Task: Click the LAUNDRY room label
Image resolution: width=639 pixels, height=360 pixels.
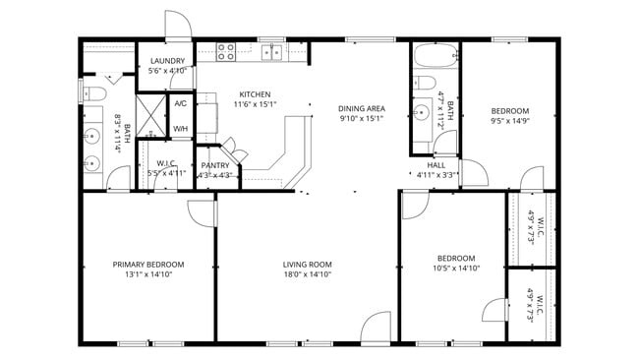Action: tap(167, 61)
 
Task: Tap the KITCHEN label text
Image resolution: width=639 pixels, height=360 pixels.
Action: tap(255, 94)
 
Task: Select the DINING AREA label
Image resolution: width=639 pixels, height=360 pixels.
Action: tap(361, 109)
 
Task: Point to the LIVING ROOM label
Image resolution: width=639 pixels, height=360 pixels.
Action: tap(307, 265)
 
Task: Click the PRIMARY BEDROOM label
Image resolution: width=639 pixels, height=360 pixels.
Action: tap(147, 265)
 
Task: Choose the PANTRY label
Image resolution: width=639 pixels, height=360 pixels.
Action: tap(214, 165)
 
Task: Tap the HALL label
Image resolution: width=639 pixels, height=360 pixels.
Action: tap(436, 165)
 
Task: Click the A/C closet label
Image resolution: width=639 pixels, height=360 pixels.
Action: tap(181, 103)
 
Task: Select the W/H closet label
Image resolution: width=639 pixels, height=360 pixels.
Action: tap(181, 129)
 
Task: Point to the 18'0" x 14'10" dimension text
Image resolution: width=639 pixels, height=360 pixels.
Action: tap(307, 275)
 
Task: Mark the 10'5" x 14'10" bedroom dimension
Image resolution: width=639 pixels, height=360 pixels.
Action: tap(455, 269)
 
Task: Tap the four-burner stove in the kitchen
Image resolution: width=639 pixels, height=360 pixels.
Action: tap(225, 51)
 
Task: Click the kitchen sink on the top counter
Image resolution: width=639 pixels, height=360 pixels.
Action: tap(272, 52)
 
